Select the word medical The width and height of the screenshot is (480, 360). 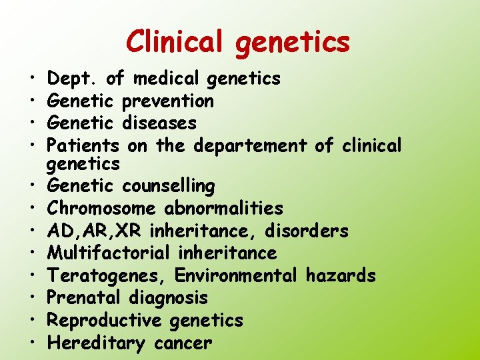[166, 79]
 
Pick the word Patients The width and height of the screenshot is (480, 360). [83, 145]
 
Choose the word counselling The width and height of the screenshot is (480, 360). [169, 186]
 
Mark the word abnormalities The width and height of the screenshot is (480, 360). [224, 209]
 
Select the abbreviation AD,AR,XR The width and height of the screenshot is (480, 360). [95, 231]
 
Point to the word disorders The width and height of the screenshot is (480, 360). [306, 231]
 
